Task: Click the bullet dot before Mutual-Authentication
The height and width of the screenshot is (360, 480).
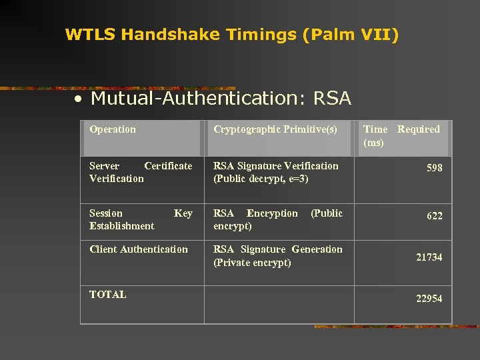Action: [79, 99]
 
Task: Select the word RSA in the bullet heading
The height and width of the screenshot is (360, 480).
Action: [331, 99]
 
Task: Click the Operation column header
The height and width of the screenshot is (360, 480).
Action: [113, 129]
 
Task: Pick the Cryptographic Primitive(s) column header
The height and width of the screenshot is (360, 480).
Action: [275, 129]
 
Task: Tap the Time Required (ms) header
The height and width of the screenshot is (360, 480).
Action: [401, 135]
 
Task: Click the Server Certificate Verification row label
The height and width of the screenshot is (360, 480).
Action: [141, 172]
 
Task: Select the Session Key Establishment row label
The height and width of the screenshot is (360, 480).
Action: [141, 219]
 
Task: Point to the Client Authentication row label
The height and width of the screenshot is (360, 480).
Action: [139, 249]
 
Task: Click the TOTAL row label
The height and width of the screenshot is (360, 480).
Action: [108, 294]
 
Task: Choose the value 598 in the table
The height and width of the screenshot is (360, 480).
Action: [434, 168]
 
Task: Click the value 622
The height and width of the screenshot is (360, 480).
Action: [434, 216]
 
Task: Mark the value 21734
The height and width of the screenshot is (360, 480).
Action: [429, 257]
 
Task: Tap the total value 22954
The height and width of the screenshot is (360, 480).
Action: [429, 299]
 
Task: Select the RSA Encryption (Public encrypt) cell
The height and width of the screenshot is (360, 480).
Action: [277, 219]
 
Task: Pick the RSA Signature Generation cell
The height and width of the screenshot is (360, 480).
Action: [277, 255]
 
